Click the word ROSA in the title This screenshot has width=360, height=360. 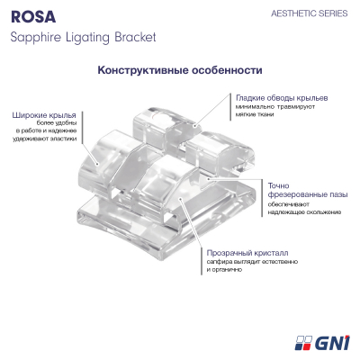pos(33,16)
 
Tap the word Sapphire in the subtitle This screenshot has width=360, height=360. pos(35,38)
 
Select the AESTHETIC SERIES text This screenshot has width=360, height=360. pos(310,13)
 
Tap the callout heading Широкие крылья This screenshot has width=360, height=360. pos(44,115)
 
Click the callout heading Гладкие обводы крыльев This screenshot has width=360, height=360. pos(282,98)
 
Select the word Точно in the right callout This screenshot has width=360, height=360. pos(279,185)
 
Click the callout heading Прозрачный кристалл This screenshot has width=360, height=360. pos(247,253)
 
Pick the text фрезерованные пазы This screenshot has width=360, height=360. pos(308,194)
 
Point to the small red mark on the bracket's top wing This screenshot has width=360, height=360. pos(155,116)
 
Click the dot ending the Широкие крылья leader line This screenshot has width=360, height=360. pos(97,164)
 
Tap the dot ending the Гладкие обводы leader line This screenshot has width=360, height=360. pos(194,126)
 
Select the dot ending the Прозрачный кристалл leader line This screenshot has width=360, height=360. pos(180,198)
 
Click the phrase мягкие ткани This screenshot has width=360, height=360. pos(255,114)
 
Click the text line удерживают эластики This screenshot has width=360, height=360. pos(44,139)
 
